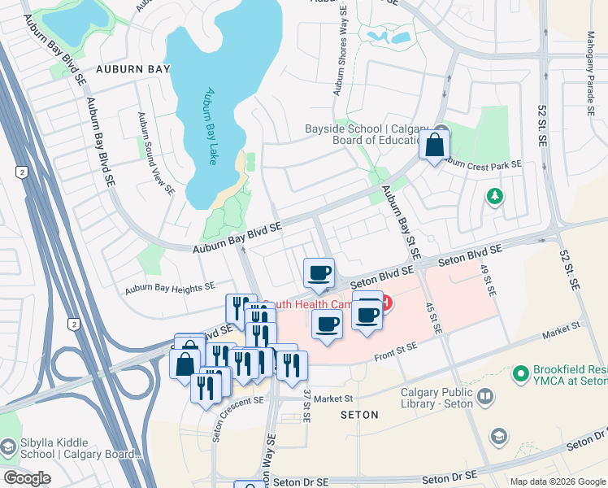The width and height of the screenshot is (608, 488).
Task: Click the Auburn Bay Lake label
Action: [211, 126]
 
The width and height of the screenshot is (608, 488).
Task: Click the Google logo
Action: [27, 478]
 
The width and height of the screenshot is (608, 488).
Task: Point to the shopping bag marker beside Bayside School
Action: [435, 146]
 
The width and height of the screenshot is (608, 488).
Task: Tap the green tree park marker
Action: [493, 196]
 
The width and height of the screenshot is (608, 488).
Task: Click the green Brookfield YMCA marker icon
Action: [520, 373]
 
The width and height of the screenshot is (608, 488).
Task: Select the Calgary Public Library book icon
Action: [485, 396]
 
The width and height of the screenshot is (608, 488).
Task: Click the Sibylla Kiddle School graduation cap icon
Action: [7, 447]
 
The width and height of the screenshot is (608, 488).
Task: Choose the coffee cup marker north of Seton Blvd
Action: [319, 272]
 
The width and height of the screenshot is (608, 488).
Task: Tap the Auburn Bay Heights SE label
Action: [169, 288]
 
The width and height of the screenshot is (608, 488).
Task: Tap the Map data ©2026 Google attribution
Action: [558, 481]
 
